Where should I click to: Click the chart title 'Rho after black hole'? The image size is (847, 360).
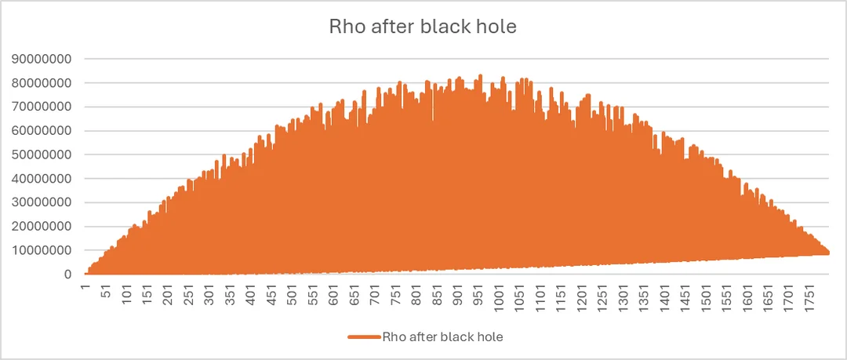tap(423, 26)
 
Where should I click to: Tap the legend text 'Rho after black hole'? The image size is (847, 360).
tap(442, 337)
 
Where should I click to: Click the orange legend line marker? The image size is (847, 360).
tap(364, 337)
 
